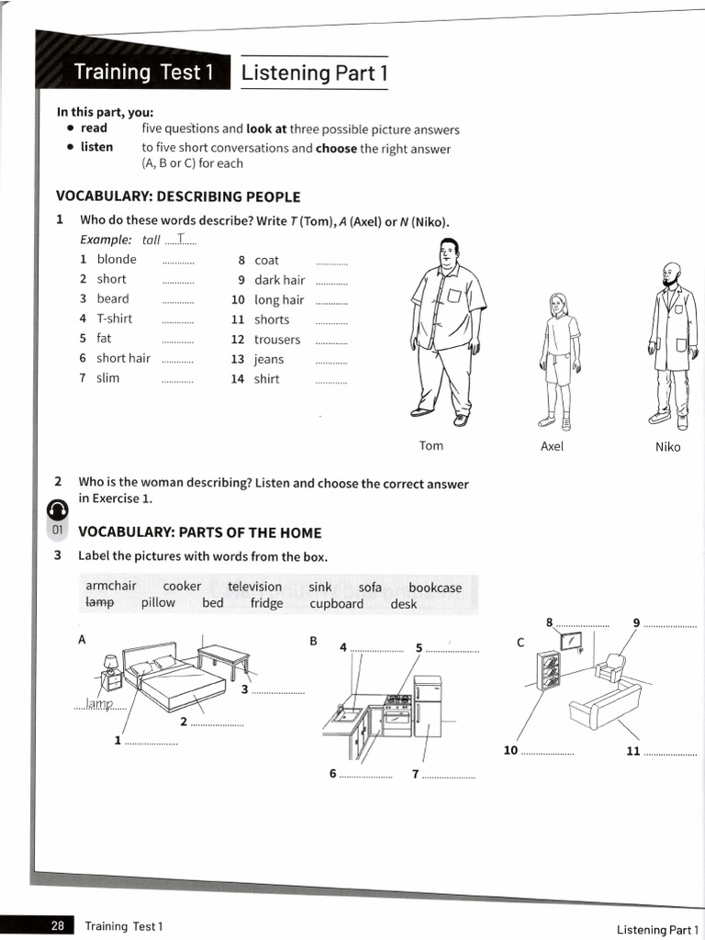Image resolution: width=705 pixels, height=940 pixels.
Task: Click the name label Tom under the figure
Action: click(x=431, y=446)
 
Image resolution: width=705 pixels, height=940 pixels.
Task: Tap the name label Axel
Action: click(x=552, y=447)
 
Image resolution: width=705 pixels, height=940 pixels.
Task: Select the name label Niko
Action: click(x=668, y=447)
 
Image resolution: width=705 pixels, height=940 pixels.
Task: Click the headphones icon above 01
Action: click(x=57, y=509)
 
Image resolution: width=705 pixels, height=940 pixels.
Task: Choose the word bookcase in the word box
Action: click(x=435, y=587)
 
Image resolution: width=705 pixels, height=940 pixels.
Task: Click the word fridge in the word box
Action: click(x=266, y=604)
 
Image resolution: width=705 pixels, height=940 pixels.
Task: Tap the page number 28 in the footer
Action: click(x=57, y=926)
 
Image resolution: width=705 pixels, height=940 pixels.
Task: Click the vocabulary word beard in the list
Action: click(x=113, y=299)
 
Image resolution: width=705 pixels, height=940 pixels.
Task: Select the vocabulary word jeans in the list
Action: click(x=269, y=360)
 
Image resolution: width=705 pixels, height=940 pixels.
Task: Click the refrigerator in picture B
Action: click(x=427, y=706)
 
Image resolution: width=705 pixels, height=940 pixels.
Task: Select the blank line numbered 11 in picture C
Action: click(x=670, y=753)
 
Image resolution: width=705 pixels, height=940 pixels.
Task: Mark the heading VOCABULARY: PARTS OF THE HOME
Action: click(x=199, y=532)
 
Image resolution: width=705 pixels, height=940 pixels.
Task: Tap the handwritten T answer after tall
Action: click(x=183, y=240)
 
